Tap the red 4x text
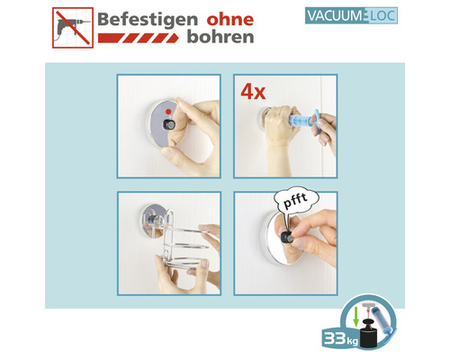point(254,91)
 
